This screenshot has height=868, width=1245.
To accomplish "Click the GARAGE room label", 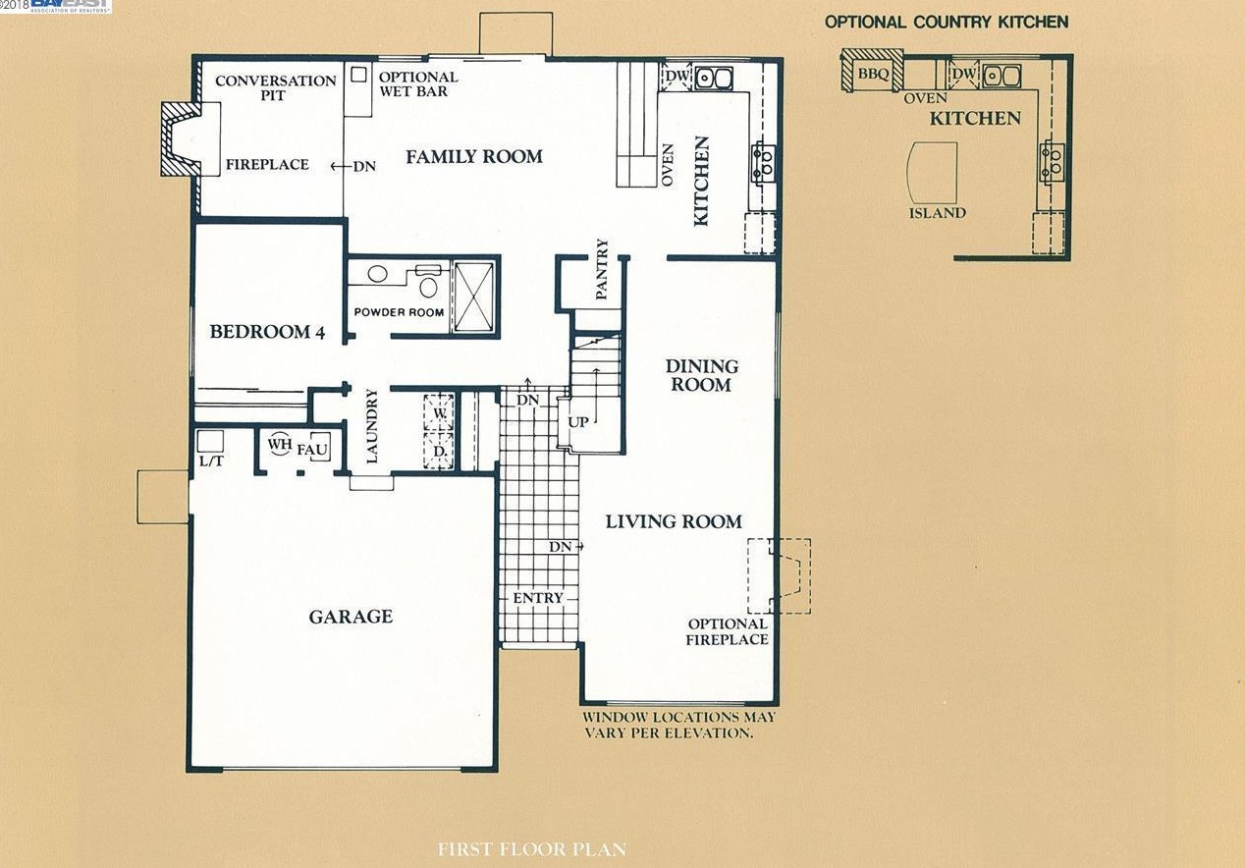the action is (351, 617).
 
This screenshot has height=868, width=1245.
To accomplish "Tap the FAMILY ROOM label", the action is (474, 157).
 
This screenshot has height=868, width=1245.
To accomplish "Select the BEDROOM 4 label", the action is (267, 332).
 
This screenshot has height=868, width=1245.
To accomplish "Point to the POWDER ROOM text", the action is (399, 312).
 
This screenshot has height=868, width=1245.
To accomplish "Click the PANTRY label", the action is (602, 269).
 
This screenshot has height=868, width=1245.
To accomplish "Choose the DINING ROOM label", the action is (702, 375).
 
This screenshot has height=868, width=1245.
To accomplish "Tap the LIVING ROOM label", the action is (674, 521).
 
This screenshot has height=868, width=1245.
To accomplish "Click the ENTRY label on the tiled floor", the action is (537, 598).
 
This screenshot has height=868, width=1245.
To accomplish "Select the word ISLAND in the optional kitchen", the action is (938, 213).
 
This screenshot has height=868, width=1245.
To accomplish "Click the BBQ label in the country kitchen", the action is (873, 74).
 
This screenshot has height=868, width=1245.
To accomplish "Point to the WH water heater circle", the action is (280, 444).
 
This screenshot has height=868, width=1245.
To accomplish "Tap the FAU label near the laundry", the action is (312, 450).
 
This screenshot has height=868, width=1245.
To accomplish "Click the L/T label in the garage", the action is (211, 461).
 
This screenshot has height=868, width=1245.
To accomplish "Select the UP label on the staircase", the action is (578, 422).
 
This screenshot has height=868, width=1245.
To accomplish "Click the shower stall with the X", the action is (474, 298).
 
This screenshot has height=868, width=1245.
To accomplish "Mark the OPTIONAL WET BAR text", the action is (418, 83).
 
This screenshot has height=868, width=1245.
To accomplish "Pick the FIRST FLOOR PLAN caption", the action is (532, 849).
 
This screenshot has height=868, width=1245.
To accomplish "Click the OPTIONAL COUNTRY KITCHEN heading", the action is (947, 23).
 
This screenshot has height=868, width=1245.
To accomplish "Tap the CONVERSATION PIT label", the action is (276, 87).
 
